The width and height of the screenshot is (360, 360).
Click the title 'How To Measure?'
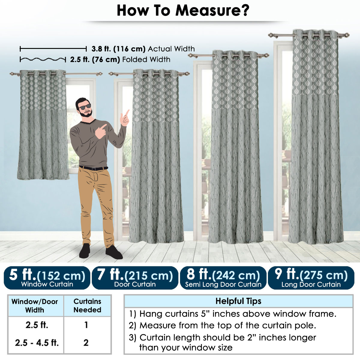[183, 10]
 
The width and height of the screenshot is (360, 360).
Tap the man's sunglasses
[85, 106]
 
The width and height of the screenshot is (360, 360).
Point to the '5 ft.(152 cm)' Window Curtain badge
[47, 278]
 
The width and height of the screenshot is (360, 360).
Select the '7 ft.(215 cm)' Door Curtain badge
[135, 278]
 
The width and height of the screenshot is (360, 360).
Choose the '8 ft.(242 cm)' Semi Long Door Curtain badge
[223, 278]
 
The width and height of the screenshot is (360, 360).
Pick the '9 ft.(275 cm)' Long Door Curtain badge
[311, 278]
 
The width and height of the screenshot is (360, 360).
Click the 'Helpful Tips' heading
[238, 301]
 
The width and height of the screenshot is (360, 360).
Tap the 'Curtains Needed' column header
[87, 305]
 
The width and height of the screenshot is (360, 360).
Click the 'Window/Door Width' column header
[35, 305]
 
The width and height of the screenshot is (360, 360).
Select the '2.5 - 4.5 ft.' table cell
[37, 343]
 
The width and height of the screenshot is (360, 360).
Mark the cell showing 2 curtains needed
[86, 343]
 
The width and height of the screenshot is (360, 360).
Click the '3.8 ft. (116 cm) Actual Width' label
[143, 49]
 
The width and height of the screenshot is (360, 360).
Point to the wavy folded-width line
[43, 59]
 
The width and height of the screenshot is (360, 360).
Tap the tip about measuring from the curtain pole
[222, 325]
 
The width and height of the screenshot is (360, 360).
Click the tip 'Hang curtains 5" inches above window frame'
[232, 314]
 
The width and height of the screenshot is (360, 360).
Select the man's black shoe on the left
[85, 251]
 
